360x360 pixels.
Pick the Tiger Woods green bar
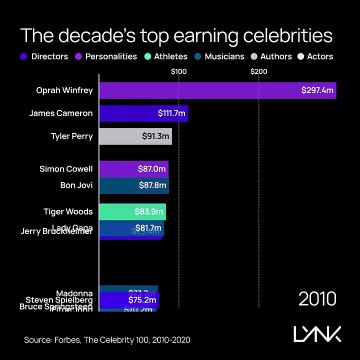click(x=132, y=211)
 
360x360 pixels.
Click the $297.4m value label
click(x=318, y=91)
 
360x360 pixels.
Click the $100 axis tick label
click(x=179, y=72)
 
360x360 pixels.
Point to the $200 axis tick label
click(x=258, y=72)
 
